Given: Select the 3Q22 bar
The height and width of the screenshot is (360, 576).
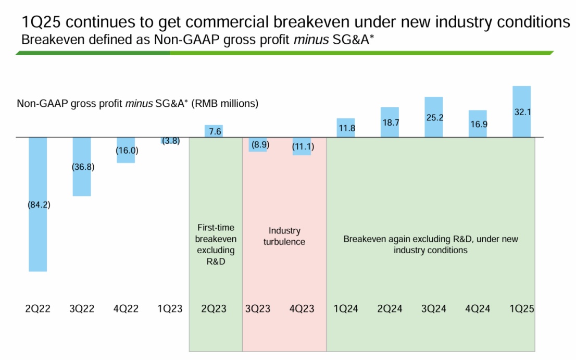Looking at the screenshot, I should click(x=82, y=182).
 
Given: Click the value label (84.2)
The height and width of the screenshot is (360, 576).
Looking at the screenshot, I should click(x=39, y=205).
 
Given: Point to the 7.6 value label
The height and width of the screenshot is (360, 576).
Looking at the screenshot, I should click(x=215, y=132).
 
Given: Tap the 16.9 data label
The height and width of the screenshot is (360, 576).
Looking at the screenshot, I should click(x=478, y=123).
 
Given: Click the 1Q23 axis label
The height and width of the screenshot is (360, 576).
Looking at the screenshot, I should click(x=170, y=308).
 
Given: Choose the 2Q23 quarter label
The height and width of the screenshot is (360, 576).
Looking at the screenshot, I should click(x=214, y=308).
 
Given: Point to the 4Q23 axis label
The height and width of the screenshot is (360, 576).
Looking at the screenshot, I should click(x=302, y=308).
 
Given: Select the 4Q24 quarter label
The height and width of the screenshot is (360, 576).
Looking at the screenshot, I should click(x=478, y=308).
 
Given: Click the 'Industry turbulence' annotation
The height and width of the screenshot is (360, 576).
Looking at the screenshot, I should click(x=284, y=236).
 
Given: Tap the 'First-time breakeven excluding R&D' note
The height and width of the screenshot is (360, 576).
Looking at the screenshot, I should click(x=216, y=245).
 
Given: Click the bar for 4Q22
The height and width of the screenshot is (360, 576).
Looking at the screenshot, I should click(x=126, y=156).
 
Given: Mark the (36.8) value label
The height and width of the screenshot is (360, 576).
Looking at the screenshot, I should click(x=83, y=167).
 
